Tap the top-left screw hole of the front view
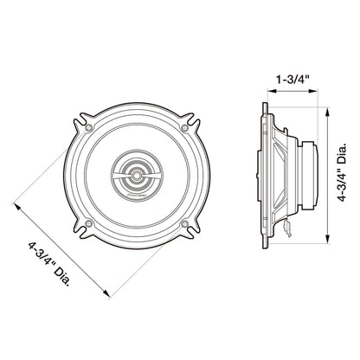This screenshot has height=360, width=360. coord(89,127)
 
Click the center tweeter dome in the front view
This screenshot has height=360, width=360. coord(137,176)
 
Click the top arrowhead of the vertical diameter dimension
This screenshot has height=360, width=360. coord(330,110)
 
